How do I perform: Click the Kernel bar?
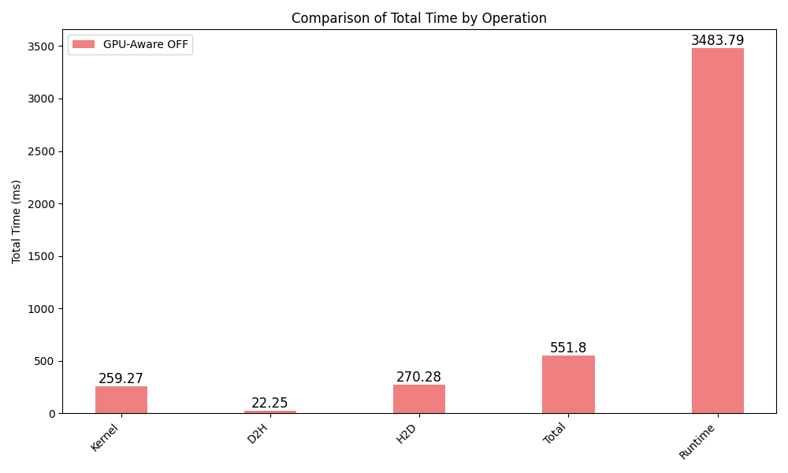pyautogui.click(x=121, y=400)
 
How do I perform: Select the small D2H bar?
pyautogui.click(x=270, y=412)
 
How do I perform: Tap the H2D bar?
pyautogui.click(x=419, y=399)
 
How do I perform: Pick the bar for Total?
pyautogui.click(x=568, y=385)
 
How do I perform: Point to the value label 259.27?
pyautogui.click(x=121, y=378)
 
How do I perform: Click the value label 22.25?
pyautogui.click(x=270, y=403)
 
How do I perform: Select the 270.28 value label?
pyautogui.click(x=419, y=377)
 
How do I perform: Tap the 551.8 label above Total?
pyautogui.click(x=568, y=348)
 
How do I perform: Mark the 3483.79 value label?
pyautogui.click(x=717, y=40)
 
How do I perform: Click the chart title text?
pyautogui.click(x=418, y=18)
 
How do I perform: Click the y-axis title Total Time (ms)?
pyautogui.click(x=17, y=222)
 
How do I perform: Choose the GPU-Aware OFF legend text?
pyautogui.click(x=146, y=45)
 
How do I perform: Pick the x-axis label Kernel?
pyautogui.click(x=106, y=438)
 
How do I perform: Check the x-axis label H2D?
pyautogui.click(x=407, y=434)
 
